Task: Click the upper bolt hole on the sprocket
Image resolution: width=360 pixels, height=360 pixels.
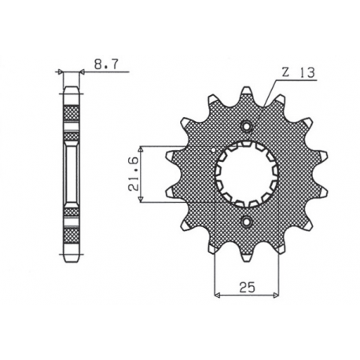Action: point(248,126)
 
